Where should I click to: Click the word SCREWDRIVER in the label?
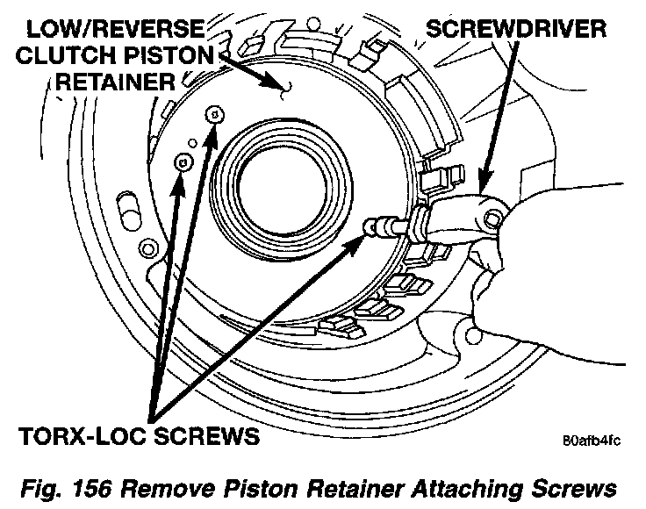coord(516,29)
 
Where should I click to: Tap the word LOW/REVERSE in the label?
coord(116,29)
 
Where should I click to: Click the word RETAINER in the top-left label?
coord(115,82)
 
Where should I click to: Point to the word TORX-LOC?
coord(83,435)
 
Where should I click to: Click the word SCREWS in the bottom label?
coord(207,435)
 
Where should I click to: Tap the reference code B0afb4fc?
coord(592,441)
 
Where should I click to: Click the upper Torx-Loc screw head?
coord(215,114)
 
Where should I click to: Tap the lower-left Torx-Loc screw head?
coord(183,162)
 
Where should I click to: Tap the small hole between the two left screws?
coord(192,143)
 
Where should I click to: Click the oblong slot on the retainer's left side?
coord(128,211)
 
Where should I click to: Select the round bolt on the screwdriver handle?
coord(492,218)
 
